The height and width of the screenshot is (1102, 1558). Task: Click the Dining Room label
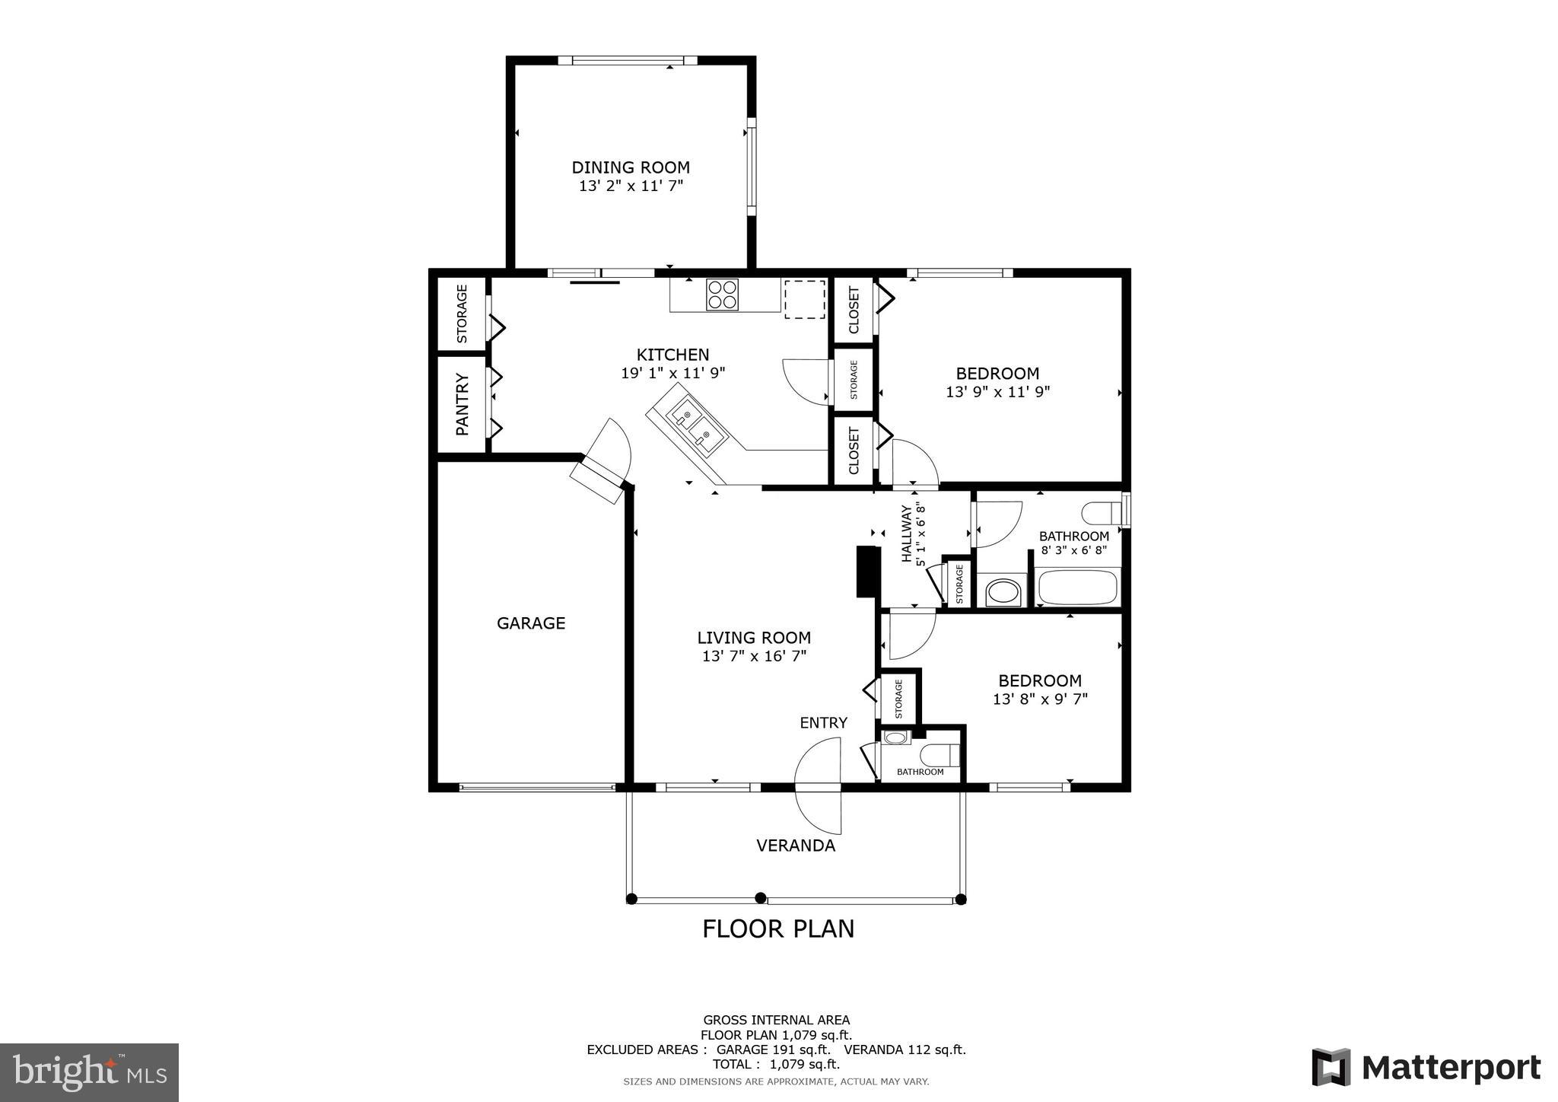[x=631, y=167]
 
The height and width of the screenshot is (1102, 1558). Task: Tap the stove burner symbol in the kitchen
[x=721, y=295]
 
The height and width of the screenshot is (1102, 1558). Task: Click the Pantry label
[x=462, y=404]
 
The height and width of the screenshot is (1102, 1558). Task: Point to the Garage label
[x=531, y=623]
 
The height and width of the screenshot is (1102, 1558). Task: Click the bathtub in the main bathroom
[x=1077, y=587]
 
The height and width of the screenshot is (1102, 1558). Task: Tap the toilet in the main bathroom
[x=1102, y=513]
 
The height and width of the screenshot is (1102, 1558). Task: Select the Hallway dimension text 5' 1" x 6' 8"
[x=920, y=534]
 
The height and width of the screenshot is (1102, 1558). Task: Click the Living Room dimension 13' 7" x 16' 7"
[x=754, y=656]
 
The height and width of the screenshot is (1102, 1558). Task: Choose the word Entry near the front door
[x=823, y=723]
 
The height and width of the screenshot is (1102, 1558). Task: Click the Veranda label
[x=796, y=846]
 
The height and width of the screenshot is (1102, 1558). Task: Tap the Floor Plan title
[x=778, y=929]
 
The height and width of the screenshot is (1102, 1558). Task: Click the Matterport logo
[x=1426, y=1067]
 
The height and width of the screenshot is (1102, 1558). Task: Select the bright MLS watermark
[x=89, y=1073]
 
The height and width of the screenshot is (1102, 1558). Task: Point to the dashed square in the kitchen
[x=805, y=299]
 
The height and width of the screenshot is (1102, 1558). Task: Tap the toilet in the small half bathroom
[x=939, y=756]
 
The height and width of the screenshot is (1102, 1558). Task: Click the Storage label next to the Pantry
[x=462, y=314]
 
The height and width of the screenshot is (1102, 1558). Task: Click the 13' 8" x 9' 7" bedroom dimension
[x=1040, y=699]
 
